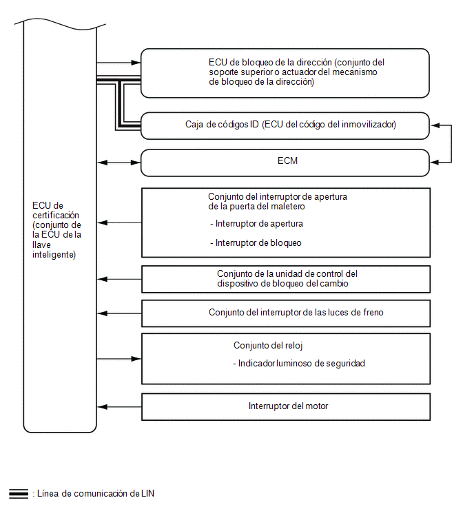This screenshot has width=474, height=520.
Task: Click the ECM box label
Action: [287, 161]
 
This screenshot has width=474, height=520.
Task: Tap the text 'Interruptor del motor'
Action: [288, 406]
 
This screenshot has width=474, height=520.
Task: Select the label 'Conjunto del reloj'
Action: [268, 346]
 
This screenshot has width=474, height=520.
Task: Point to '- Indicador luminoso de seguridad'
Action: [299, 364]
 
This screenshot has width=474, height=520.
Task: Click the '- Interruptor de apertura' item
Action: [256, 224]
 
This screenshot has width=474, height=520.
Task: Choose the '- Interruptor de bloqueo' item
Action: [256, 243]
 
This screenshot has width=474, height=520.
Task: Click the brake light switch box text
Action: [296, 313]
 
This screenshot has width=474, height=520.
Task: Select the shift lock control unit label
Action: [287, 278]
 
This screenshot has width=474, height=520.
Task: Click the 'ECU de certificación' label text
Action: [56, 230]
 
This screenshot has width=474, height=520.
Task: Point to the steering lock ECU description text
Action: [296, 72]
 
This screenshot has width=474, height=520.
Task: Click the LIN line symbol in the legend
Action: [19, 493]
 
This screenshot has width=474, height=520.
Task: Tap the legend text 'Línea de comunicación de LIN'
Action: [96, 493]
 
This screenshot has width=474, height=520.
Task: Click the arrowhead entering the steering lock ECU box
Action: [136, 63]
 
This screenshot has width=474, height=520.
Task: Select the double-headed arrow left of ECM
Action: [119, 163]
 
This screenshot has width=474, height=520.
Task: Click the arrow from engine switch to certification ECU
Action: [119, 407]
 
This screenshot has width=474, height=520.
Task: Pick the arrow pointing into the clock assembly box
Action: [119, 359]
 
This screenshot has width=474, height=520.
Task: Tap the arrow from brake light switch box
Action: [119, 313]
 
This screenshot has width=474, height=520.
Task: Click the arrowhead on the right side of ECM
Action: [435, 163]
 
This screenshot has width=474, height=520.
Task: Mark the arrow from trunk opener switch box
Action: [119, 223]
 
